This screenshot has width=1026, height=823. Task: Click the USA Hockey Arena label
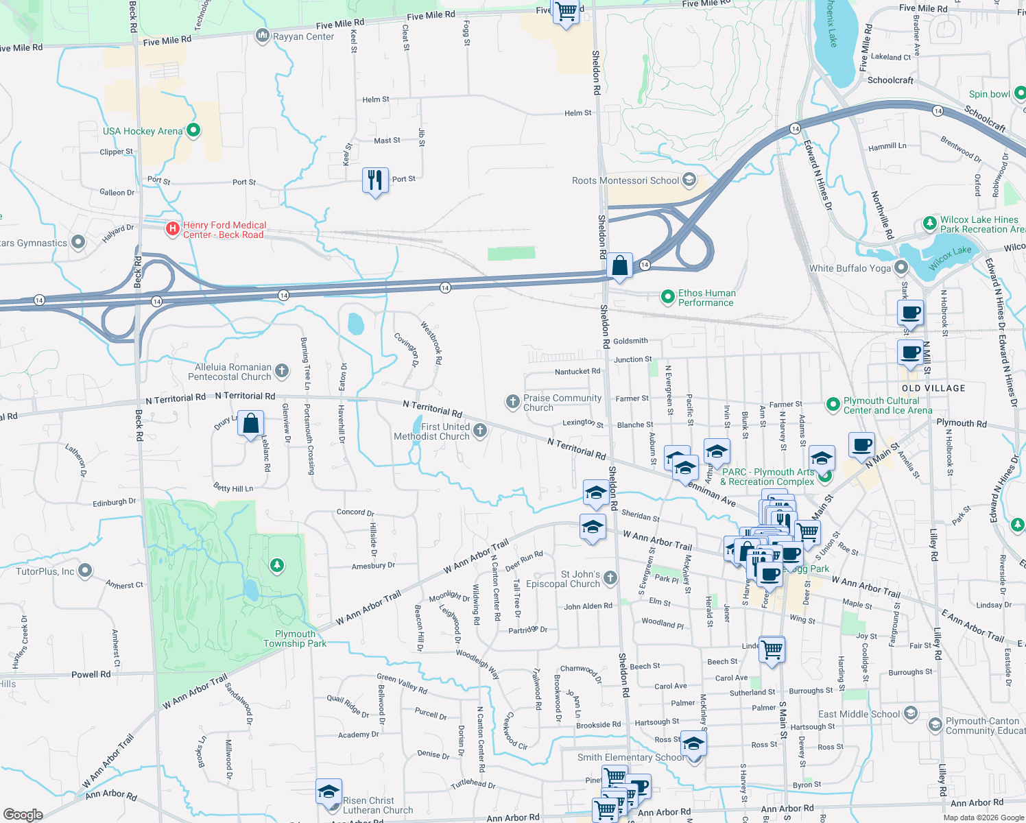point(143,131)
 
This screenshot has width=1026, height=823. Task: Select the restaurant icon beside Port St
point(375,181)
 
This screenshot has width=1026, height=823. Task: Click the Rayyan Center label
point(303,37)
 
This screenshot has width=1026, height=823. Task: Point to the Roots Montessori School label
point(625,180)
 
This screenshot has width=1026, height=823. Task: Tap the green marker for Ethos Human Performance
point(667,297)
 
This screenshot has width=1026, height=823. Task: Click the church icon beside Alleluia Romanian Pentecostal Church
point(282,372)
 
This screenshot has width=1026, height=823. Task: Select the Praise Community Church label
point(562,403)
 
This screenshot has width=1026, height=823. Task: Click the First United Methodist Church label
point(431,431)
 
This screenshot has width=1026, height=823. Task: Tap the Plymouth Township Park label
point(295,639)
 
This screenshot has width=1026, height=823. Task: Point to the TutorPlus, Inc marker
point(85,570)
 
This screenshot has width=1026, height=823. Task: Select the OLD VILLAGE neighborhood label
point(933,388)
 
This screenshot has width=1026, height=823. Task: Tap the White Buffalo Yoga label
point(850,268)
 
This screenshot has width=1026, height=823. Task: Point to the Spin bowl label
point(989,94)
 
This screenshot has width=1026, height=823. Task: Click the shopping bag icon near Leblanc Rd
point(251,424)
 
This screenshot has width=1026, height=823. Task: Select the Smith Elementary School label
point(630,757)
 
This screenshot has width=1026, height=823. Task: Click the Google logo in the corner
point(23,815)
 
